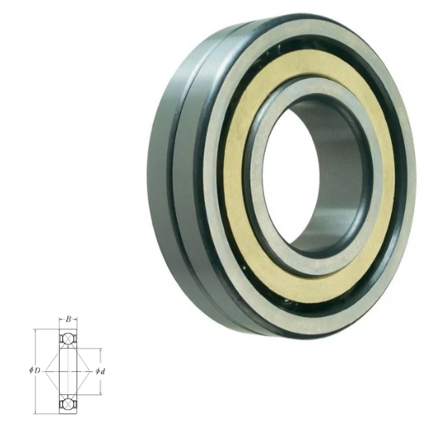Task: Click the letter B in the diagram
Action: point(68,320)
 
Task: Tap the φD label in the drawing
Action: point(35,370)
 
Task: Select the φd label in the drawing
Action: point(100,372)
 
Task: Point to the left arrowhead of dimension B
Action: point(61,320)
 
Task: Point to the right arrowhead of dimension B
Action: point(76,320)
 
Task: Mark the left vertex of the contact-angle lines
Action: point(45,371)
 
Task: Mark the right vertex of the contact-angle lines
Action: point(91,371)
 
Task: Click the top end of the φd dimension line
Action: point(100,349)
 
